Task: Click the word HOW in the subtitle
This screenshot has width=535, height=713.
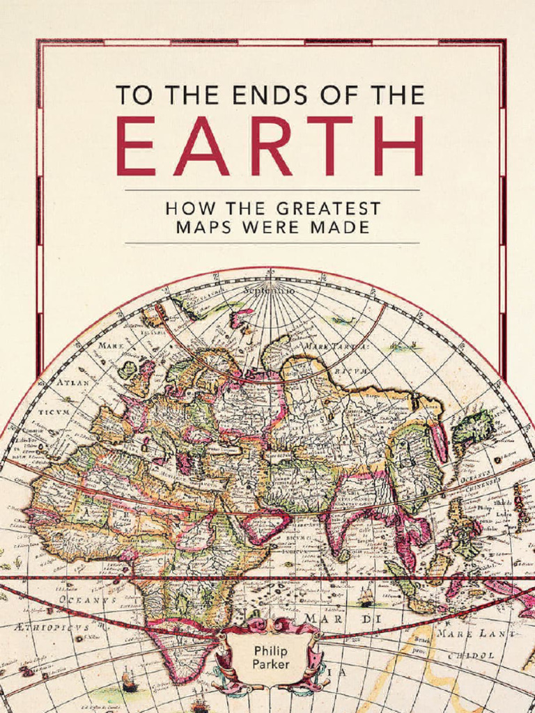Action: [185, 208]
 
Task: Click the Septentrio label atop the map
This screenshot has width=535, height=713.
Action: [268, 288]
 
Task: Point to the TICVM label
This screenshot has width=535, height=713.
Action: [54, 412]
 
